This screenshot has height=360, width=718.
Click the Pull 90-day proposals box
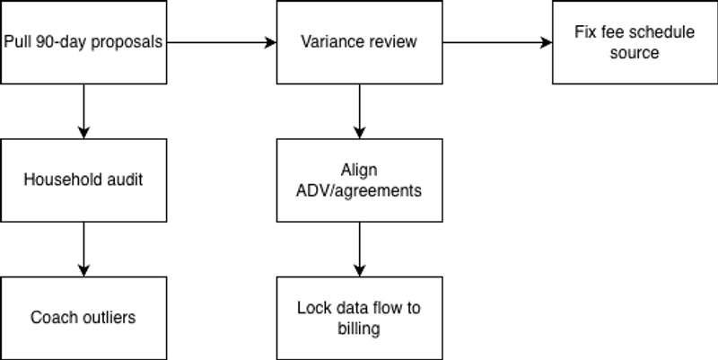pos(83,42)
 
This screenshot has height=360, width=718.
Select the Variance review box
pos(359,42)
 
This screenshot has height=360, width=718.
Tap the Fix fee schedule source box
pos(635,42)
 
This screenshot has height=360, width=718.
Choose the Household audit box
pos(83,180)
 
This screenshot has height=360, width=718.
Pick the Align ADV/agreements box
pos(359,180)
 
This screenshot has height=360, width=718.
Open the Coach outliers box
pos(83,318)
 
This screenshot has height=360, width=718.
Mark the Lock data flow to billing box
pos(359,318)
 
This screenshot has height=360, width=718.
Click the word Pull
pos(17,42)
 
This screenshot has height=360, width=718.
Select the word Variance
pos(331,42)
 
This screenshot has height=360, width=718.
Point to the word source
pos(635,53)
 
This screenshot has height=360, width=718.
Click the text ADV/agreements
pos(359,191)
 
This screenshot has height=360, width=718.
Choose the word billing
pos(359,329)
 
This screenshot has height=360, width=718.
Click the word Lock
pos(311,308)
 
